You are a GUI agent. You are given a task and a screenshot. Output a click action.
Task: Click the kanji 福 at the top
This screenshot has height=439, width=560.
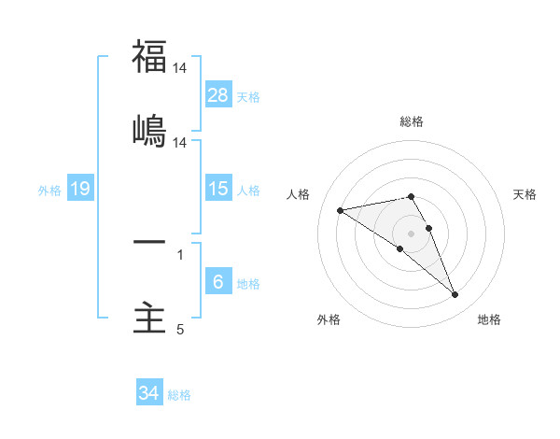(149, 56)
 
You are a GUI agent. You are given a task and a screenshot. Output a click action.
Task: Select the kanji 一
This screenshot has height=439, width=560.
(149, 242)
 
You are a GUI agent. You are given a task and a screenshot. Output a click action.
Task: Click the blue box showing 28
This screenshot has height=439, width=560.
(218, 95)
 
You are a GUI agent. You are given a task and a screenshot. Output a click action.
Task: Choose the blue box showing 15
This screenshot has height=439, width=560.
(218, 189)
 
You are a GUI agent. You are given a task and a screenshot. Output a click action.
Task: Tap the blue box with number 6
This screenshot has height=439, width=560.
(218, 282)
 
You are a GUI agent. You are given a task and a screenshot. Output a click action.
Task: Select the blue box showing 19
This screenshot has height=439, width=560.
(80, 189)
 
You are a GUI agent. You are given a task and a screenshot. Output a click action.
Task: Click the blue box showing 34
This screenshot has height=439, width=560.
(149, 393)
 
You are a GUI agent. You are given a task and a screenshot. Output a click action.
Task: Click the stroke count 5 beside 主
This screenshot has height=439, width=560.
(180, 330)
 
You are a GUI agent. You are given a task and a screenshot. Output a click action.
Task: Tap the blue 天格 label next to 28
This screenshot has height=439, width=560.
(248, 96)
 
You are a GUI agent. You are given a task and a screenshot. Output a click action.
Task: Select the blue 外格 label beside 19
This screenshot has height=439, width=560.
(49, 190)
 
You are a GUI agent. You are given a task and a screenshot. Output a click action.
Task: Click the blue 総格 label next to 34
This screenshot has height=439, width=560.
(179, 394)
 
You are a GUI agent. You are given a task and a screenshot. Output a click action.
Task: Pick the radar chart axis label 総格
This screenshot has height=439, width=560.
(412, 121)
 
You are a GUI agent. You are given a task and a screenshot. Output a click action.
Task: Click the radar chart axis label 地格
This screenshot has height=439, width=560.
(489, 319)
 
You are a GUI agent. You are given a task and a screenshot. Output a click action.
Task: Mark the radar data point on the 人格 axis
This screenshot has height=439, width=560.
(341, 209)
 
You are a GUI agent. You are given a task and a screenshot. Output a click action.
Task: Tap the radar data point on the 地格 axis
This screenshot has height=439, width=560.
(455, 295)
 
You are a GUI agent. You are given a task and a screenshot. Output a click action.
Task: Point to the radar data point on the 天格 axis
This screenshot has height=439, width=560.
(429, 228)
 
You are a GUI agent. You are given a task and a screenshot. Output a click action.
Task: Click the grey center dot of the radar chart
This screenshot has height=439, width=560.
(412, 234)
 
